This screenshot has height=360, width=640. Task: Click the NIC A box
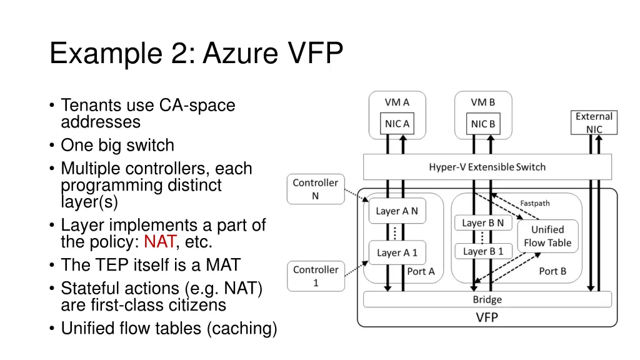(x=397, y=124)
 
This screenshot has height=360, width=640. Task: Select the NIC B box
(x=483, y=124)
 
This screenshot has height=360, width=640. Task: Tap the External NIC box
(x=594, y=122)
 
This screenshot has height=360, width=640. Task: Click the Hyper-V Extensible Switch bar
(x=487, y=167)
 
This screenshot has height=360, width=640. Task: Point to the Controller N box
(x=316, y=189)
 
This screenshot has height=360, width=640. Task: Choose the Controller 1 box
(x=316, y=276)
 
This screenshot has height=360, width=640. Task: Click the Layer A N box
(x=396, y=211)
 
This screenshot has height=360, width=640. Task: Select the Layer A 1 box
(x=397, y=252)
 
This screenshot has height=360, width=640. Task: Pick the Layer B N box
(x=483, y=222)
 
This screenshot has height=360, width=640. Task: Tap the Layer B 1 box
(x=483, y=251)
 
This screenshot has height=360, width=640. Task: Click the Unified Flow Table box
(x=547, y=236)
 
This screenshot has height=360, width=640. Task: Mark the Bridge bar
(x=487, y=299)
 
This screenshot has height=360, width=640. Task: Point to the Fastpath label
(x=535, y=203)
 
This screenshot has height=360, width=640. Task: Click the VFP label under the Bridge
(x=487, y=317)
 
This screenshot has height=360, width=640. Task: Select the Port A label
(x=421, y=271)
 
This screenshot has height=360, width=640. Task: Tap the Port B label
(x=552, y=271)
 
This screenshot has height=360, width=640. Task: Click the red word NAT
(x=160, y=242)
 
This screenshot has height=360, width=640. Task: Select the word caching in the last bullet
(x=241, y=328)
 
